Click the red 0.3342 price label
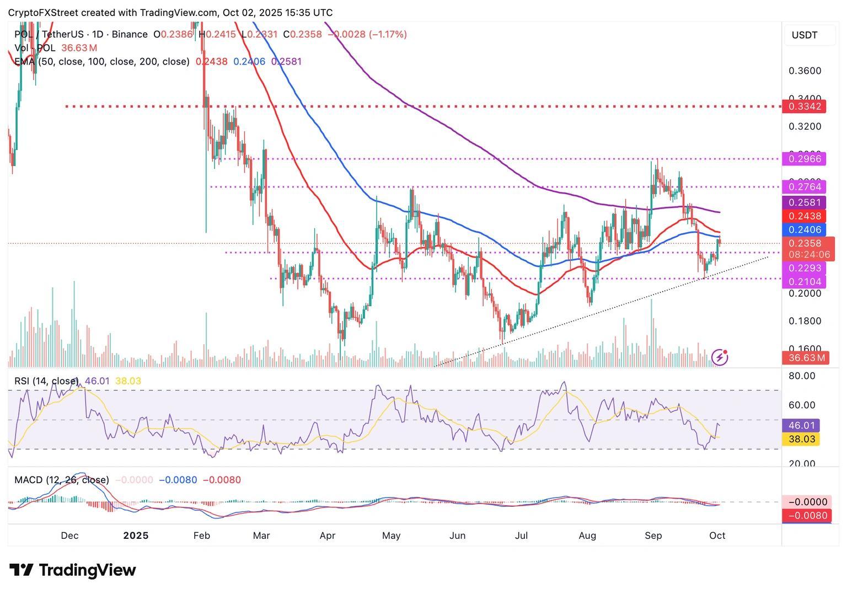804,106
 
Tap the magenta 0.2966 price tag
804,159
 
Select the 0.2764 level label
804,187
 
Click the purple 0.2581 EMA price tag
804,202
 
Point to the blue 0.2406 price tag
804,229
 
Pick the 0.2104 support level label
804,282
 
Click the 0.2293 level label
804,268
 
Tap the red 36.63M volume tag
805,358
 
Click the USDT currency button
805,35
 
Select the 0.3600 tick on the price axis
805,71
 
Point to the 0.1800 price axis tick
805,321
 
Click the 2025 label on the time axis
136,536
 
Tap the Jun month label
458,536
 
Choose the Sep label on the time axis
653,536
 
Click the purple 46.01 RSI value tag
804,425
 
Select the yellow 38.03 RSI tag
804,439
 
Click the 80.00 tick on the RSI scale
802,376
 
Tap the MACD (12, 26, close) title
62,480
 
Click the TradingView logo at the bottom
73,570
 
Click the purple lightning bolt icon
720,357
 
